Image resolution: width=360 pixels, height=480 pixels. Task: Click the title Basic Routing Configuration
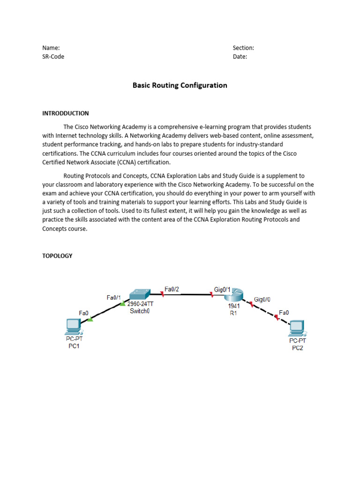click(180, 85)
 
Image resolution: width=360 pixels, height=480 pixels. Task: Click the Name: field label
click(51, 48)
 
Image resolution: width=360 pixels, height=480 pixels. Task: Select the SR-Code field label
click(53, 57)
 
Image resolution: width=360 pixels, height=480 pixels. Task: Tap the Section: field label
click(243, 48)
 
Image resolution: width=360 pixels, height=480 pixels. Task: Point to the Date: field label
click(240, 57)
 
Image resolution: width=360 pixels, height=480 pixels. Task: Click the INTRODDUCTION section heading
click(65, 113)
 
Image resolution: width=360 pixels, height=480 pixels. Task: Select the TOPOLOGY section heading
click(57, 256)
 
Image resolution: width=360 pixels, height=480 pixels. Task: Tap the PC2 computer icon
click(296, 326)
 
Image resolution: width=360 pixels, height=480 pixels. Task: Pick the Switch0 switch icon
click(140, 294)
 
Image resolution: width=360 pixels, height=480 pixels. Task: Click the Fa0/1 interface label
click(114, 297)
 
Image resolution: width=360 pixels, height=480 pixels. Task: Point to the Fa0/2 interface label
click(172, 289)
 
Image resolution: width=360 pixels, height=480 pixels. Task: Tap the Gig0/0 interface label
click(262, 299)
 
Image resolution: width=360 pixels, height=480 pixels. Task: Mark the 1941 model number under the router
click(234, 306)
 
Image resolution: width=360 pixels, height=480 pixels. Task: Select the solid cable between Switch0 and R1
click(187, 294)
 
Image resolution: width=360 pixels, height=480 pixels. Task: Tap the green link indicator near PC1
click(90, 320)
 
